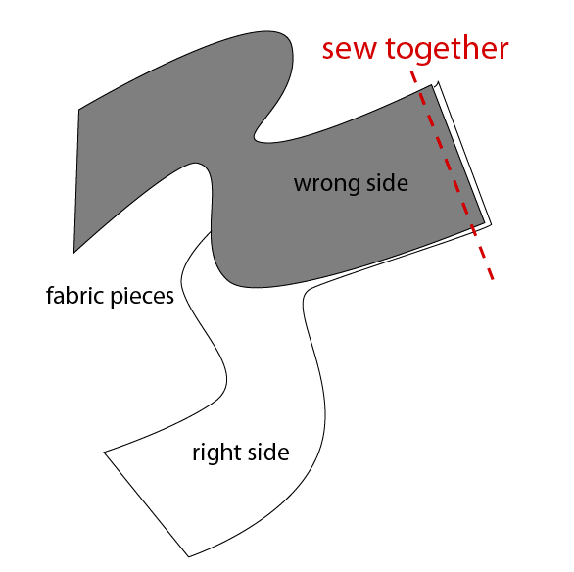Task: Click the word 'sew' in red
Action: (x=349, y=50)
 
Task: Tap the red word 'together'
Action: (x=448, y=49)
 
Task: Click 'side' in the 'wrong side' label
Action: (x=387, y=182)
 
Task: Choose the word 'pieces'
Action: (x=142, y=297)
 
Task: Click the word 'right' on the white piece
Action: (x=215, y=453)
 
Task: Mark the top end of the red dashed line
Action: (x=411, y=71)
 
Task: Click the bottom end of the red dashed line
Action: (x=493, y=279)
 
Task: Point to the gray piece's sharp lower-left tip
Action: (x=73, y=252)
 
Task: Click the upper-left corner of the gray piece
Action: (x=79, y=109)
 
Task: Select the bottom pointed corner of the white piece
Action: (x=189, y=557)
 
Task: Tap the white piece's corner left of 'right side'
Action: (x=105, y=453)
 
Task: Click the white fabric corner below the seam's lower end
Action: (x=492, y=224)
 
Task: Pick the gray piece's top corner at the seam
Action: (x=432, y=85)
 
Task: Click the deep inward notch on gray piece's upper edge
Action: (x=256, y=138)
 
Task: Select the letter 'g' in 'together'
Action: (x=423, y=53)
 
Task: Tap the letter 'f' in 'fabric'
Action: (x=50, y=295)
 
